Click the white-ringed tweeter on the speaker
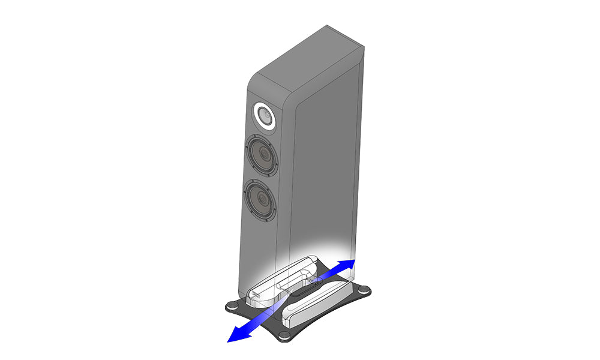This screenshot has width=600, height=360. coord(264,116)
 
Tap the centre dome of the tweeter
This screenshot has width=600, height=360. coord(264,116)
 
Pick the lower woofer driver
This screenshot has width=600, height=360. coord(262,199)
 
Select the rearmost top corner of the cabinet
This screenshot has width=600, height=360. coord(328,26)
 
